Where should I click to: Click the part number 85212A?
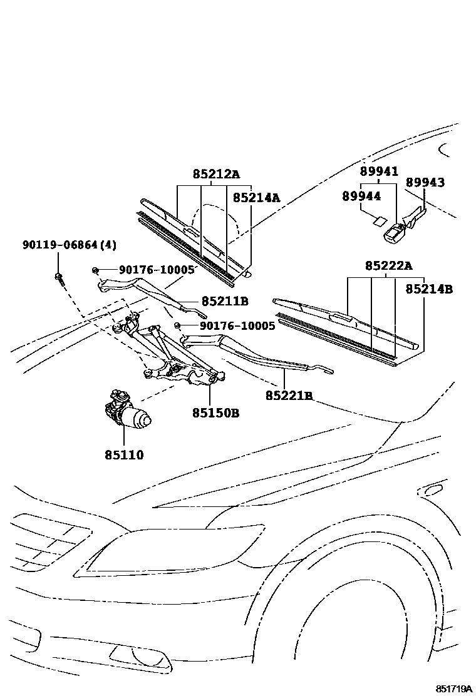pyautogui.click(x=216, y=174)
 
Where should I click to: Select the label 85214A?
pyautogui.click(x=256, y=198)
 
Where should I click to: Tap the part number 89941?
pyautogui.click(x=379, y=171)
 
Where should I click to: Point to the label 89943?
pyautogui.click(x=425, y=182)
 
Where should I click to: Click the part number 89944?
pyautogui.click(x=361, y=196)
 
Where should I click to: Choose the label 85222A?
pyautogui.click(x=389, y=266)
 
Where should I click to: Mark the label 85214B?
pyautogui.click(x=429, y=289)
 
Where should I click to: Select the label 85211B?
pyautogui.click(x=225, y=301)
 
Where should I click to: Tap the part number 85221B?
pyautogui.click(x=289, y=396)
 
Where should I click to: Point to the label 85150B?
pyautogui.click(x=216, y=413)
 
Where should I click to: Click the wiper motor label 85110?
pyautogui.click(x=124, y=455)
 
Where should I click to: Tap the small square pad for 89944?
pyautogui.click(x=378, y=220)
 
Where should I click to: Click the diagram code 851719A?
pyautogui.click(x=454, y=688)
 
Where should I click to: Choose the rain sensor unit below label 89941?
pyautogui.click(x=395, y=233)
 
